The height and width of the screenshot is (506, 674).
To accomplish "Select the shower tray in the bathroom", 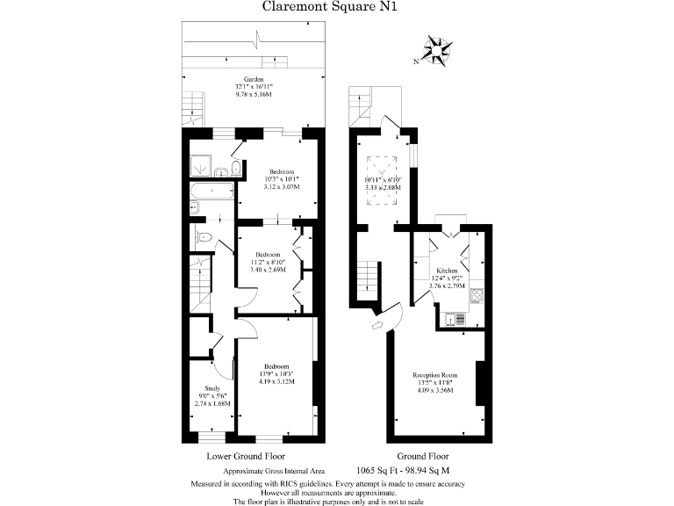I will [x=198, y=164].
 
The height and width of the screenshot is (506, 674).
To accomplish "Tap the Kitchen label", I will [x=447, y=271].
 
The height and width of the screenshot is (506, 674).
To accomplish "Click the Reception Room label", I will [x=436, y=375].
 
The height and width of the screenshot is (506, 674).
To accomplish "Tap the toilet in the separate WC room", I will [x=204, y=237].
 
